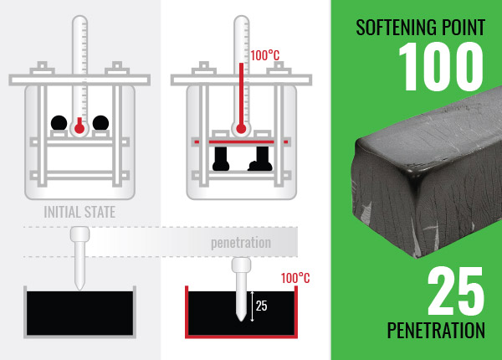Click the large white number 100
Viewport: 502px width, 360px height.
click(x=441, y=66)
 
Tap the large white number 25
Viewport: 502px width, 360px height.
click(x=456, y=291)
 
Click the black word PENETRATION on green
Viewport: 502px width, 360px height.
click(x=436, y=330)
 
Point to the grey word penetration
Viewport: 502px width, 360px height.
click(x=241, y=243)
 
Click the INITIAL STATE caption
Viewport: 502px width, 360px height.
click(x=79, y=212)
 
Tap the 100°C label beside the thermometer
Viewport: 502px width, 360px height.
click(x=264, y=55)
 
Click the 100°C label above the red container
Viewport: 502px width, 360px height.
click(x=295, y=278)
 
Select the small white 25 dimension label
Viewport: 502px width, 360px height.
click(x=261, y=306)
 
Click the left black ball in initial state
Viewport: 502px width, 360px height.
click(x=59, y=123)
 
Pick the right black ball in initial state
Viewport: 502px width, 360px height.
click(x=100, y=123)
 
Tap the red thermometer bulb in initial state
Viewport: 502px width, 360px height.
click(x=79, y=127)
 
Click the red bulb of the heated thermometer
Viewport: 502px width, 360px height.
click(x=241, y=129)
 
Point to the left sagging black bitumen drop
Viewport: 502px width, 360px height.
click(x=221, y=159)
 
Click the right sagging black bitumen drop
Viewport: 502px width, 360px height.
click(x=260, y=159)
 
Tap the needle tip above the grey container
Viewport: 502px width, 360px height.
click(x=79, y=289)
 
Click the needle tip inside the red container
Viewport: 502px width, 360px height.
click(x=241, y=320)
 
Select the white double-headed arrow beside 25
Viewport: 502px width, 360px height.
click(x=252, y=306)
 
